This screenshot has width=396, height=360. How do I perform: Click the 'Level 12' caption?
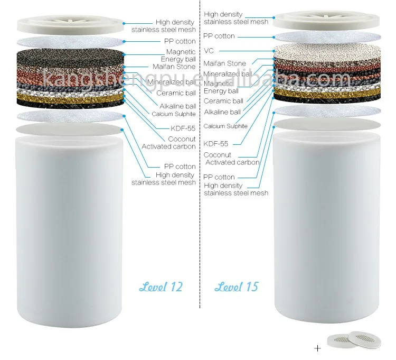point(161,287)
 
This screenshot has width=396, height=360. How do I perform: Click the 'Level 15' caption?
point(237,287)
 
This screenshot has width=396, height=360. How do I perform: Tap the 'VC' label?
point(209,51)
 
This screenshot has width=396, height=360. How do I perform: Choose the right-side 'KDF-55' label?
point(216,143)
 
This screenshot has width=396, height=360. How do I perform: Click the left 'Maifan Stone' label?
point(174,67)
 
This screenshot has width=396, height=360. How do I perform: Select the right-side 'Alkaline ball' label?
point(222,112)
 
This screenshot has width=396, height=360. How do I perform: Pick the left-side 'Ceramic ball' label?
point(177,93)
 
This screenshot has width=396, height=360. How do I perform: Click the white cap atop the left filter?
point(70,24)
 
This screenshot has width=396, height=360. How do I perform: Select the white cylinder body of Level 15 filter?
point(327,233)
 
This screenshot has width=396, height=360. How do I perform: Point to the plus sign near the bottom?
point(317,348)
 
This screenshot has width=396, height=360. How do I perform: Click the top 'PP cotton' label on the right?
point(220,36)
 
